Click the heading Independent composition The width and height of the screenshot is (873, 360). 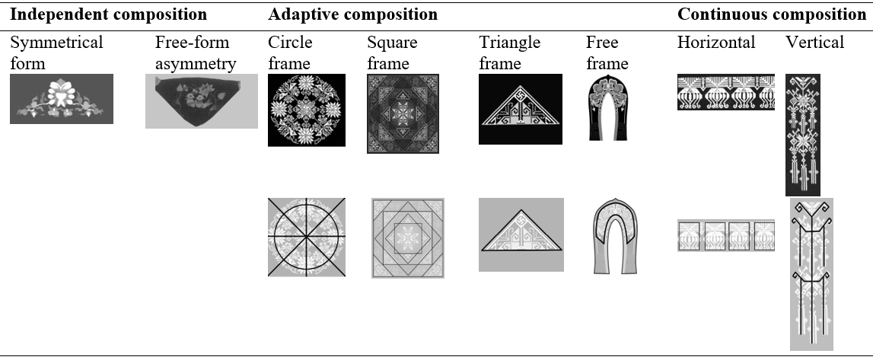click(x=109, y=14)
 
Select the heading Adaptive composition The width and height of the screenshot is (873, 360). click(x=352, y=14)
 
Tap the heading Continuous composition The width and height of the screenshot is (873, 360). click(x=772, y=14)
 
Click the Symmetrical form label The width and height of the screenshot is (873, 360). click(x=56, y=53)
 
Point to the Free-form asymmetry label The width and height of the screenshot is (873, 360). click(x=196, y=53)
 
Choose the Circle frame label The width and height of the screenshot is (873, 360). click(x=290, y=53)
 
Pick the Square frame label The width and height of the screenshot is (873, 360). click(x=392, y=53)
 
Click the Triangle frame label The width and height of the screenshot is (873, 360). click(x=510, y=53)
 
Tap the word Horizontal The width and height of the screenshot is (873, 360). click(x=716, y=42)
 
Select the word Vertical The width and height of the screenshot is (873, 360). click(x=814, y=42)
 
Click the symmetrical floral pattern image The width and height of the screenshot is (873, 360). click(x=62, y=99)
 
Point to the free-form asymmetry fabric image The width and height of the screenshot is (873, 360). click(x=201, y=100)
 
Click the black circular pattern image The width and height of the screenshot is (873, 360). click(x=307, y=110)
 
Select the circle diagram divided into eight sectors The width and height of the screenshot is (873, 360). click(x=307, y=237)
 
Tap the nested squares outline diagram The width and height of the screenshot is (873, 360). click(x=408, y=238)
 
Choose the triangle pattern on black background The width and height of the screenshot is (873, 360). click(x=521, y=109)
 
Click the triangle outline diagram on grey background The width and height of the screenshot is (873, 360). click(x=521, y=234)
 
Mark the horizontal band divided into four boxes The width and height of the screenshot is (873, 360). click(x=726, y=236)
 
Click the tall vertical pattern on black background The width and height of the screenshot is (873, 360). click(x=803, y=135)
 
